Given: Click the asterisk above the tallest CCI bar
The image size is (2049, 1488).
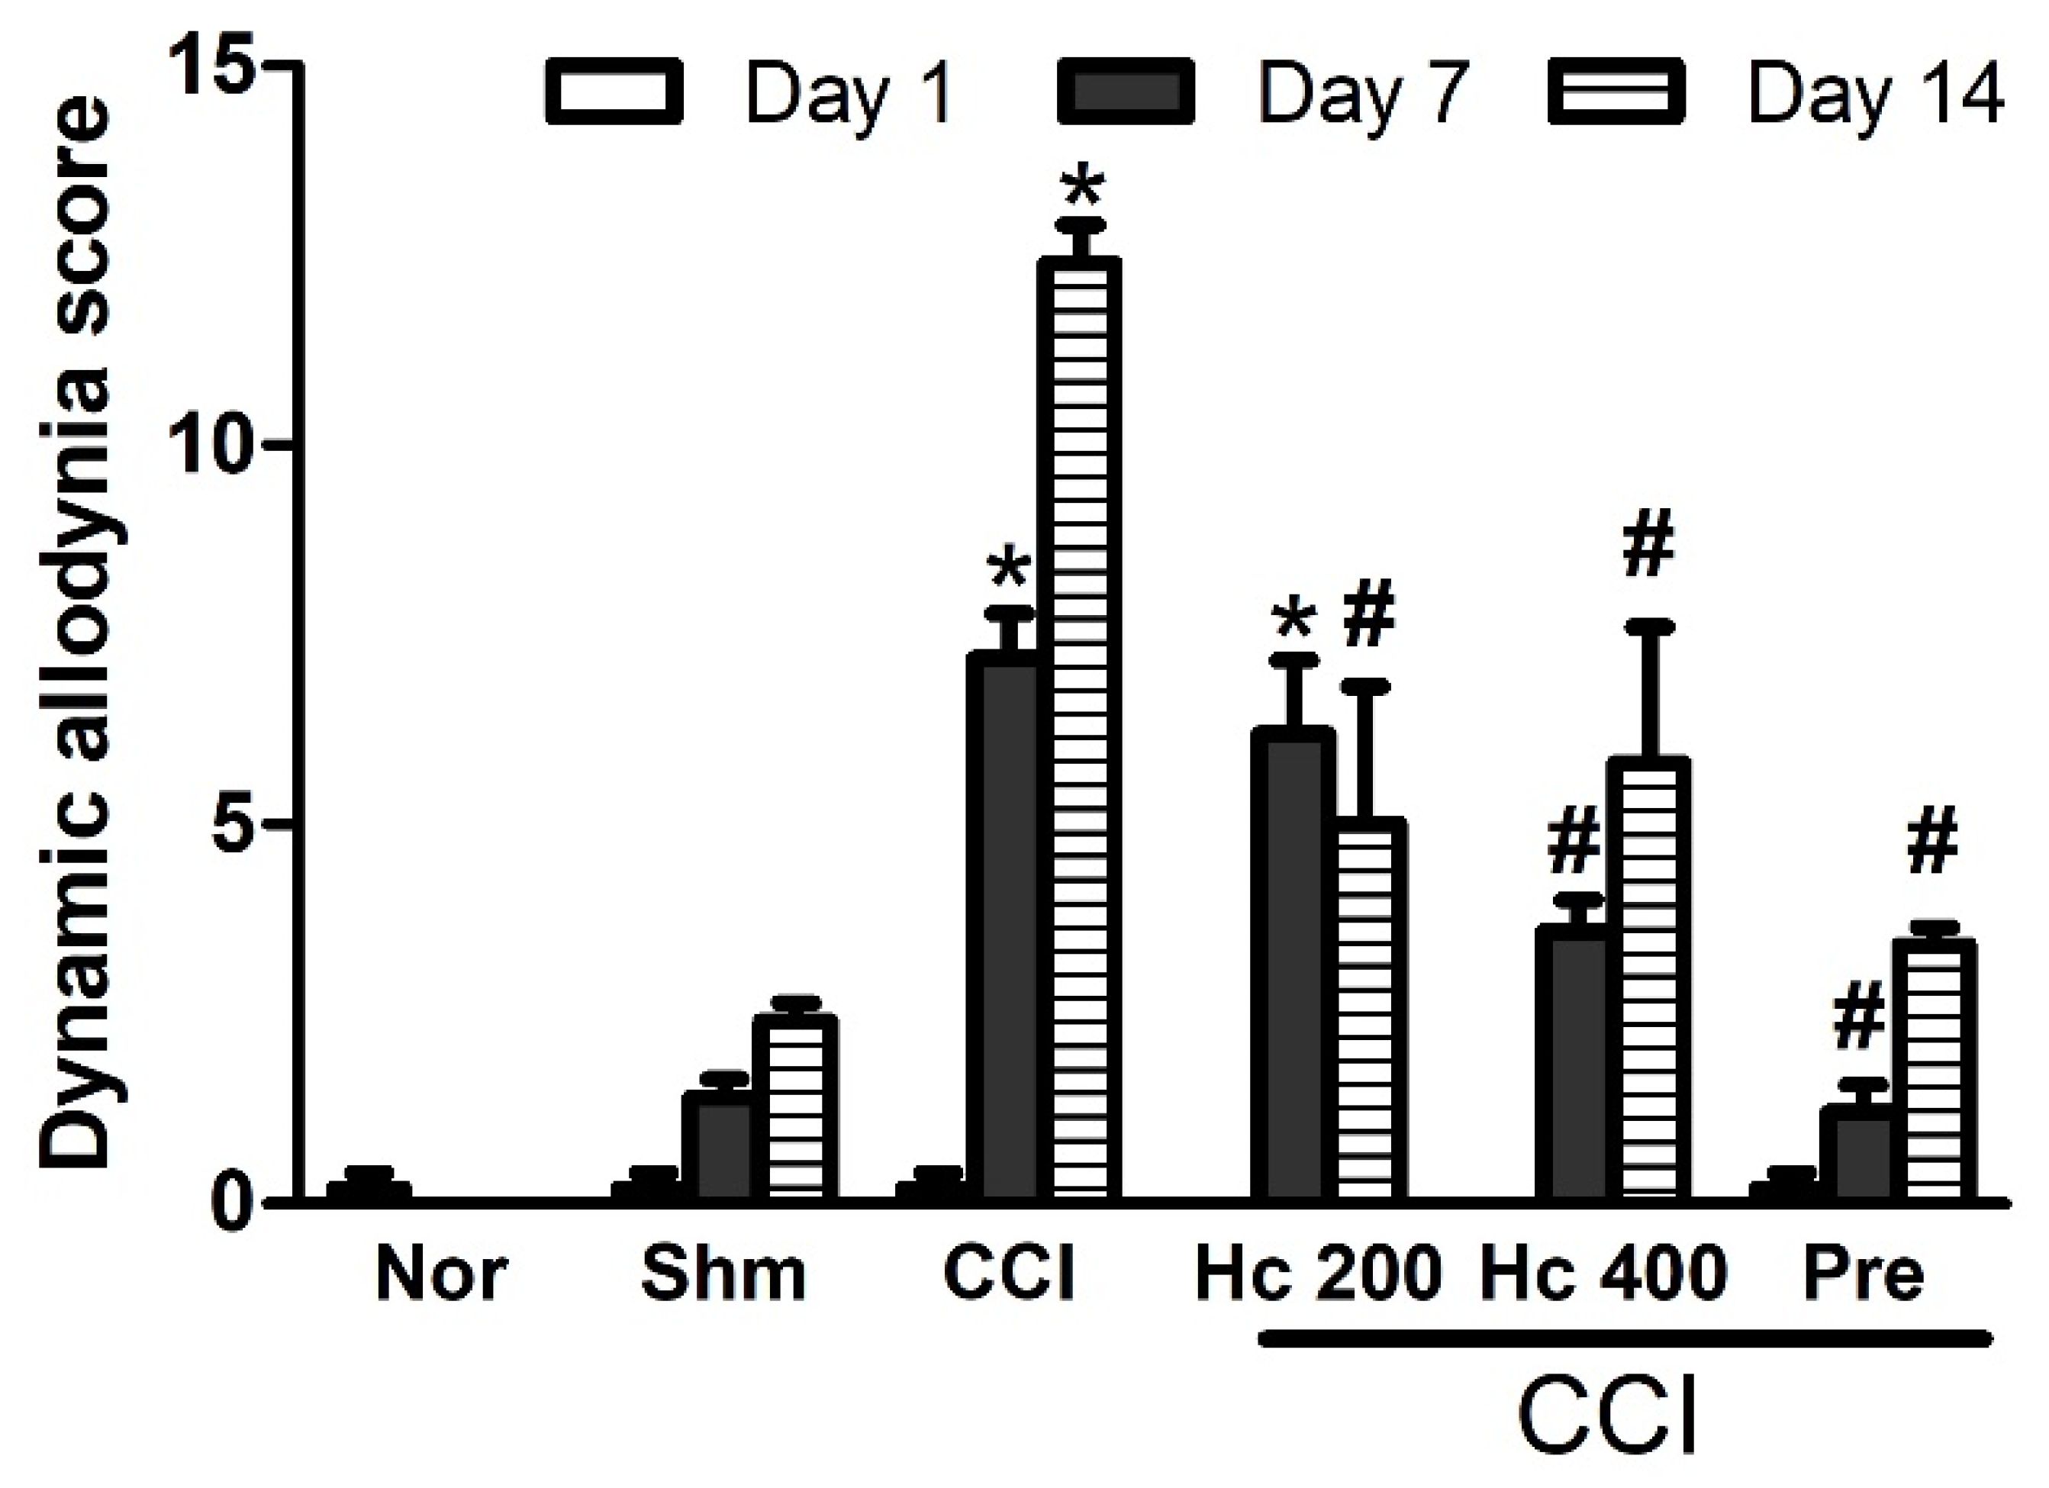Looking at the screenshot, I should click(1082, 191).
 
